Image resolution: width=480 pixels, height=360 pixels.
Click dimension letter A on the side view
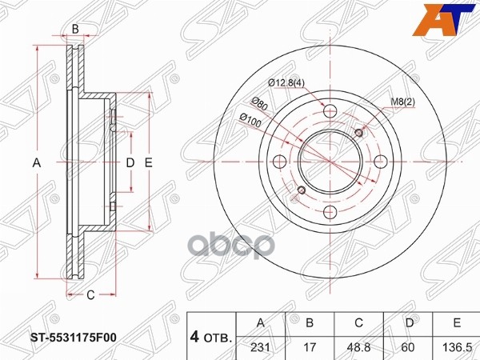click(36, 163)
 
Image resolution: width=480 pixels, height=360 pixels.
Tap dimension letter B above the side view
click(75, 30)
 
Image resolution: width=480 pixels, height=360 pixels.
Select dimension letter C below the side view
click(90, 295)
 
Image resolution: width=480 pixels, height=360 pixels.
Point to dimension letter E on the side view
click(149, 163)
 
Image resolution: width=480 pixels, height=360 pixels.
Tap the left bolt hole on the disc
click(281, 161)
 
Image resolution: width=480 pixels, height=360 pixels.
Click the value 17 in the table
click(310, 346)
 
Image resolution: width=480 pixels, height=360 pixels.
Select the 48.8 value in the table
click(359, 346)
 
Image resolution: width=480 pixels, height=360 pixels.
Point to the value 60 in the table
click(408, 346)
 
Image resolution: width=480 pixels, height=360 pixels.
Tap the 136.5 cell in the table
click(455, 346)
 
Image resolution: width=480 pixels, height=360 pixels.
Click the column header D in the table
click(408, 322)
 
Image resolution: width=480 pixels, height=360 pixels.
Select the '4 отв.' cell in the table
click(211, 335)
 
